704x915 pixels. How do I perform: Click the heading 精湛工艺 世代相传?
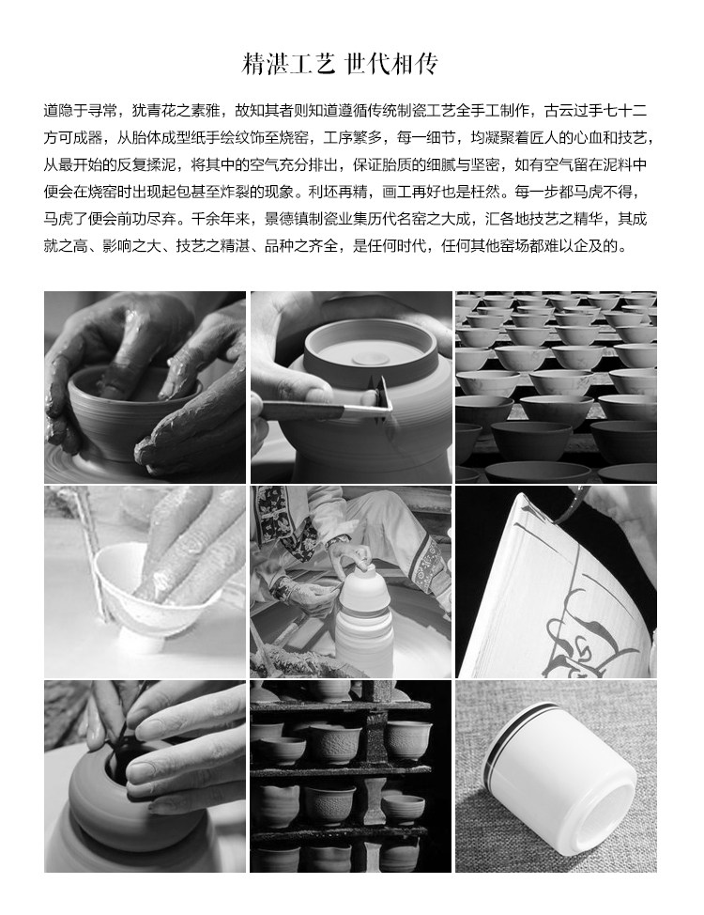pos(340,64)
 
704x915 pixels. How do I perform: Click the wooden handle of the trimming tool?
pos(302,411)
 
